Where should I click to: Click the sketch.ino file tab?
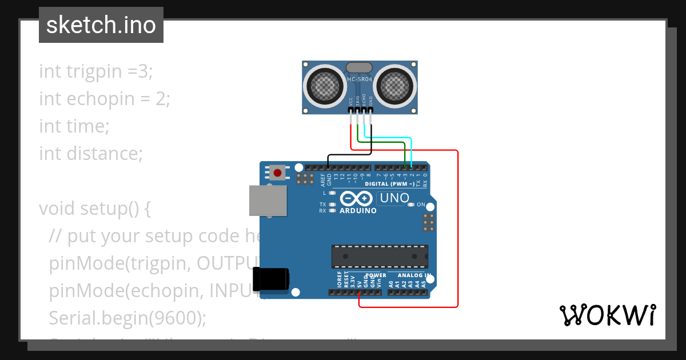point(101,25)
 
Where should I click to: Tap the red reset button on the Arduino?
point(278,172)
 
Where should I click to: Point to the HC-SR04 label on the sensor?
point(360,79)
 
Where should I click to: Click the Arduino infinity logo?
point(357,198)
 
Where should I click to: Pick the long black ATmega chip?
point(380,256)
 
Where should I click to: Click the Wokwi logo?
point(607,315)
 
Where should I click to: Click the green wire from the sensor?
point(383,142)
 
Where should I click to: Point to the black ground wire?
point(349,154)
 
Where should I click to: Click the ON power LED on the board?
point(411,205)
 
